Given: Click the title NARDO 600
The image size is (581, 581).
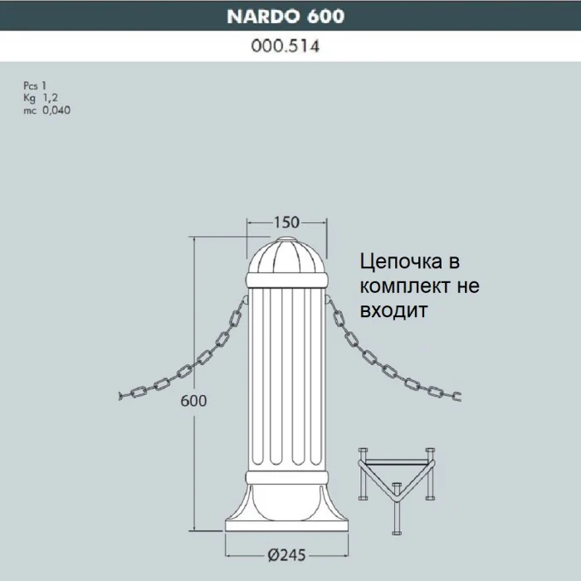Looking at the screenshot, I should [286, 16].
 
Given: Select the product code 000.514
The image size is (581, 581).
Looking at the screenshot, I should [286, 47].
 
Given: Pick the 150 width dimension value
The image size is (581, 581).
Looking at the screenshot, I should [286, 222].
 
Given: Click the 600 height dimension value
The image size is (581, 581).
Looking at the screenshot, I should [193, 400].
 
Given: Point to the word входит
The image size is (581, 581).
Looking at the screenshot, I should [393, 310].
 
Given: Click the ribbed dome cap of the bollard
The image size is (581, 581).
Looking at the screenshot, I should [286, 257].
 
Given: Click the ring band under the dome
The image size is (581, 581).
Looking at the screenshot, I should [286, 282].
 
